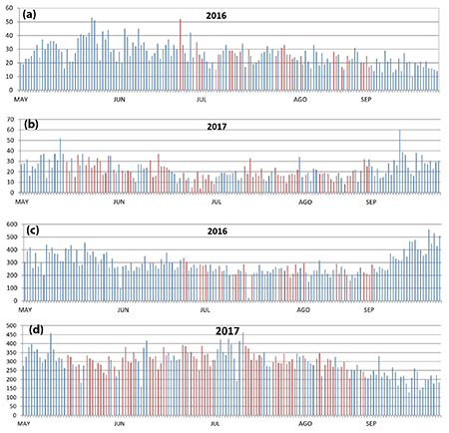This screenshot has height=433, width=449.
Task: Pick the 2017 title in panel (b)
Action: [231, 126]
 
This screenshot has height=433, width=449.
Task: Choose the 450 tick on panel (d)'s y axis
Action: [8, 335]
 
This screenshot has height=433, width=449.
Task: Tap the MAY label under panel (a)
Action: [23, 100]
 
